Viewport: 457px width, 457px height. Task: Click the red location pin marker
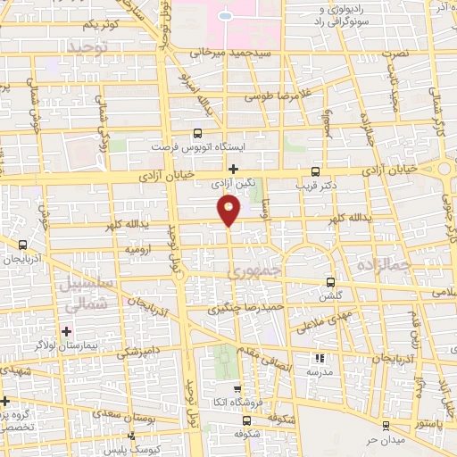point(229,209)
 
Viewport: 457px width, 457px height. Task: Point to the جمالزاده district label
point(383,265)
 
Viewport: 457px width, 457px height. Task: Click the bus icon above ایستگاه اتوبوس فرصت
point(196,130)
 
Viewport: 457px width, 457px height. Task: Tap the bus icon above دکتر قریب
point(314,171)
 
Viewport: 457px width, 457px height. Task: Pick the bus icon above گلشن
point(331,282)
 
